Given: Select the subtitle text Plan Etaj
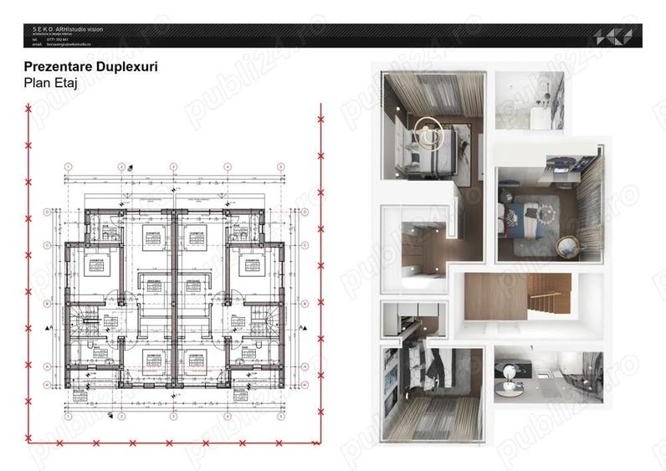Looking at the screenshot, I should pos(49,83).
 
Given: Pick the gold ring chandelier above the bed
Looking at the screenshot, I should pos(430,134).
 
